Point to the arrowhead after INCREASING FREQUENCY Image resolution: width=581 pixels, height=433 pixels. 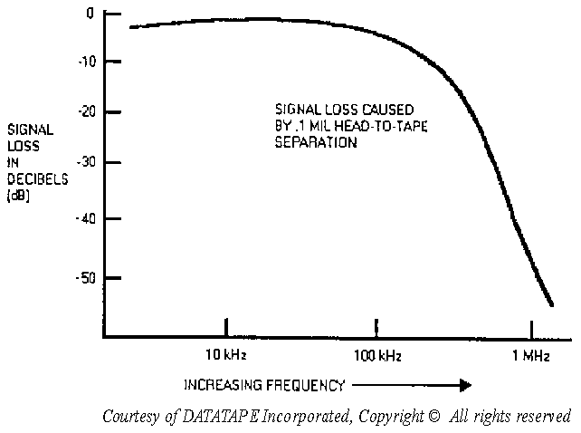(463, 385)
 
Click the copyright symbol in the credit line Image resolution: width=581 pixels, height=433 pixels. (433, 417)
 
